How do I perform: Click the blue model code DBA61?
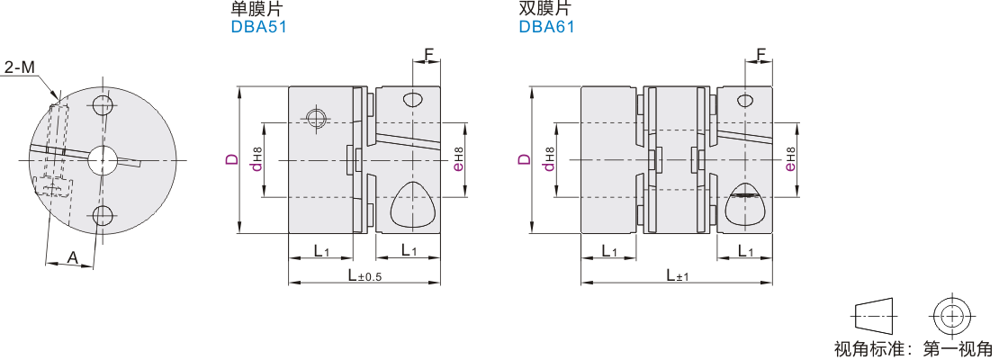pos(546,26)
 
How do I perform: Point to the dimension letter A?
pos(73,257)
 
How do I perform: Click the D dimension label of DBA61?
pos(524,158)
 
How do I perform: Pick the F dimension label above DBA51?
pos(428,54)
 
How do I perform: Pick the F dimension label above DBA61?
pos(760,54)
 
